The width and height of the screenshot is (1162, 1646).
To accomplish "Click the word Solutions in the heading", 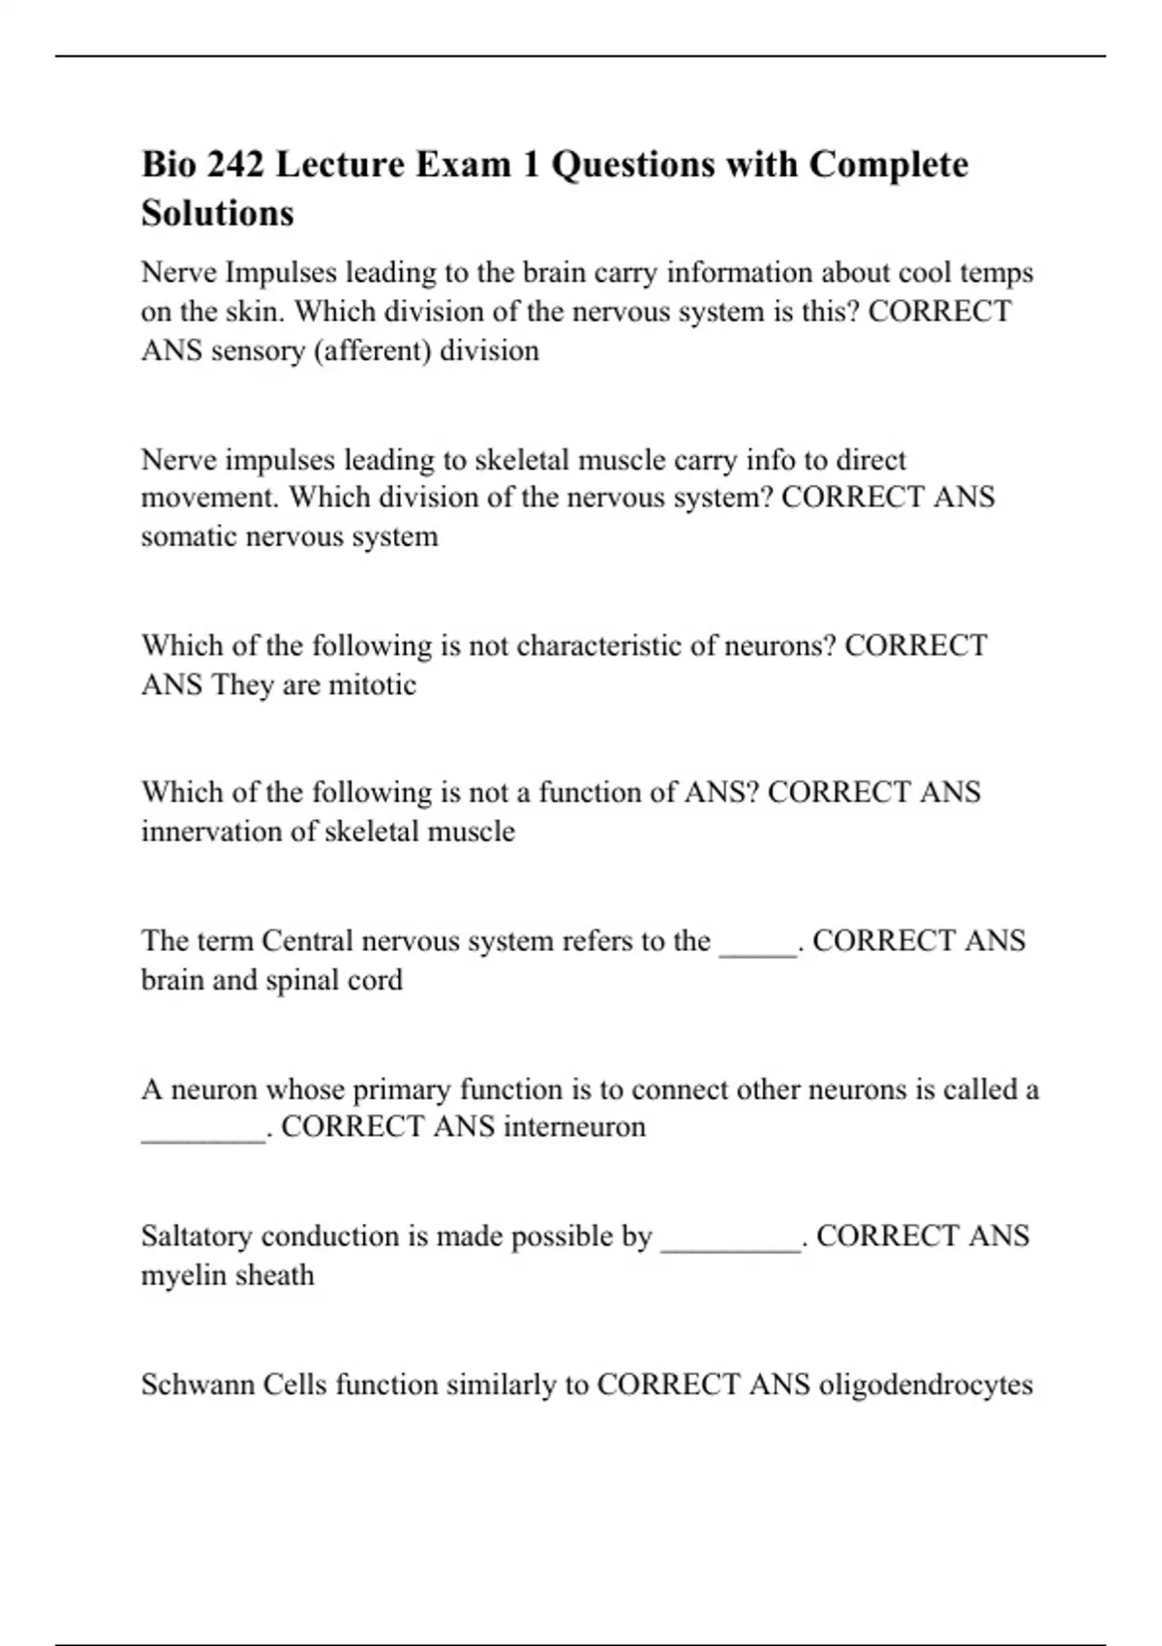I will [x=218, y=213].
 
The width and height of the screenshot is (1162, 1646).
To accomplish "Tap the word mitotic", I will [x=373, y=686].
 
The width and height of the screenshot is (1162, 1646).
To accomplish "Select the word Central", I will [x=307, y=941].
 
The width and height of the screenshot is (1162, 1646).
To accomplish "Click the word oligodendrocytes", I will [x=926, y=1386].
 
